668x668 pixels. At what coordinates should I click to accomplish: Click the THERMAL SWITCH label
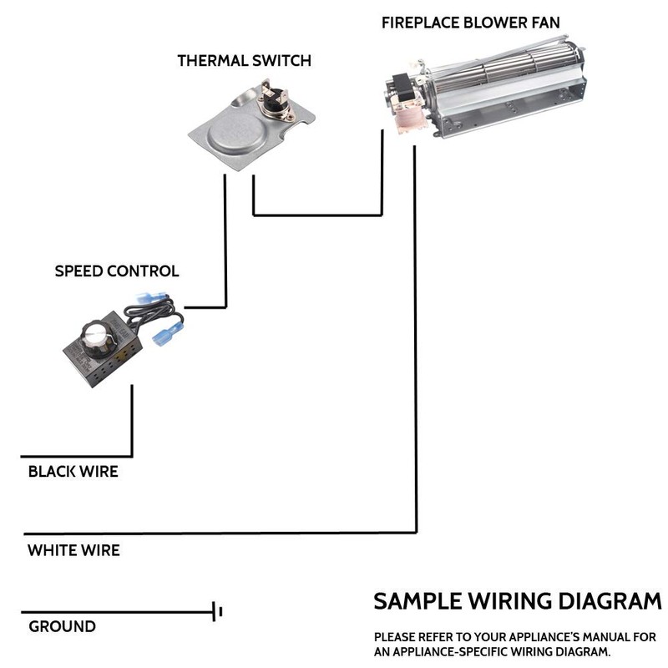(x=244, y=61)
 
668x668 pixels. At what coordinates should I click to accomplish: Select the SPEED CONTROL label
(x=116, y=271)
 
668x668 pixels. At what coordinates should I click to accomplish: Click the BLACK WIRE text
(x=73, y=472)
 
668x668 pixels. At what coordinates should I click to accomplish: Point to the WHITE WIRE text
(x=73, y=550)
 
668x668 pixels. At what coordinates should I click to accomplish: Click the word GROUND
(x=62, y=626)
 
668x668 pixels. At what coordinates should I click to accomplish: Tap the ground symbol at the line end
(x=217, y=612)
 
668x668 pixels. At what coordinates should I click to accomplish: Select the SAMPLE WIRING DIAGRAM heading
(x=517, y=601)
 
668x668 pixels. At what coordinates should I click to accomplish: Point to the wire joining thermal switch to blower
(x=317, y=215)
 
